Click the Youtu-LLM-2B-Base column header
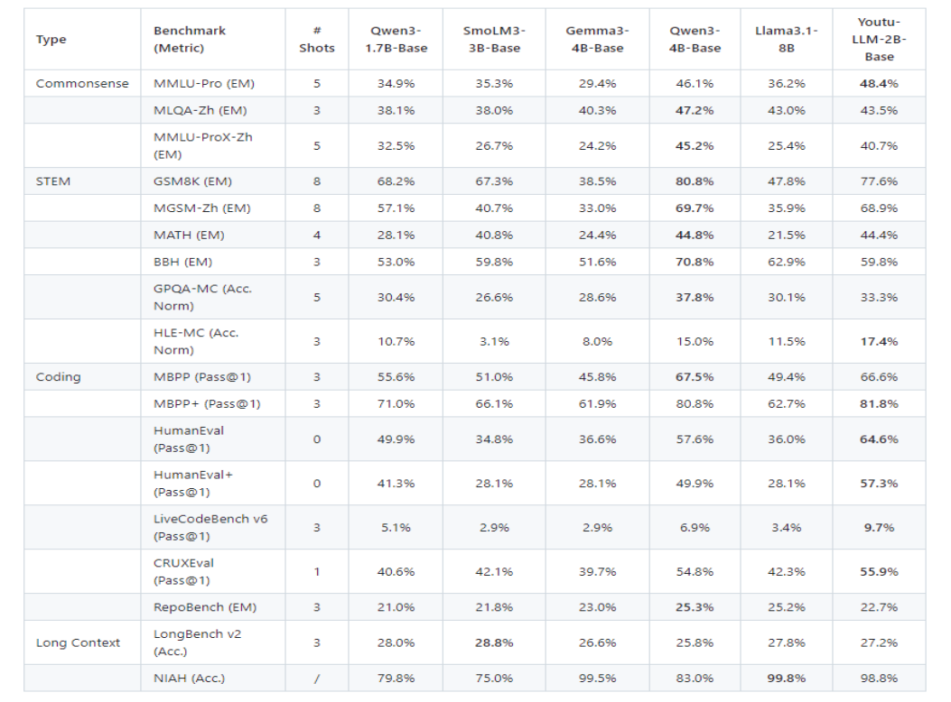[x=879, y=40]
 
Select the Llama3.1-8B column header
[x=787, y=40]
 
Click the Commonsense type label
[x=82, y=84]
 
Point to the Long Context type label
[x=78, y=643]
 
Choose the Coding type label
[x=58, y=377]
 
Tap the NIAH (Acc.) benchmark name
[x=189, y=679]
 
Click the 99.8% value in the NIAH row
[x=786, y=679]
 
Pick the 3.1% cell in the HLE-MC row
[x=494, y=341]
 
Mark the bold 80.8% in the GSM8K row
[x=695, y=181]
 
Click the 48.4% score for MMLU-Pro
[x=879, y=84]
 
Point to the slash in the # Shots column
[x=316, y=679]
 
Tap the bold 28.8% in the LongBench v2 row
[x=494, y=643]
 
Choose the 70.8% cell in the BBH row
[x=695, y=262]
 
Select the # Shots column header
[x=316, y=40]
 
